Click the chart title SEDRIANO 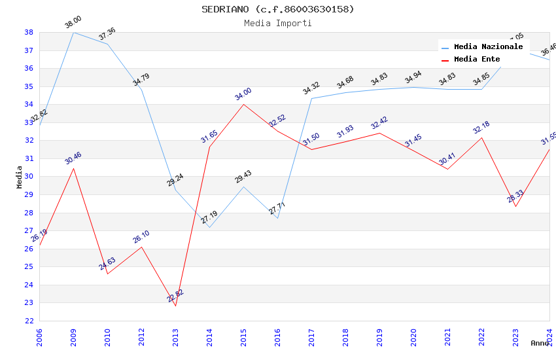pos(277,9)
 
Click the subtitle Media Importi pos(277,23)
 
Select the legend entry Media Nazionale pos(488,47)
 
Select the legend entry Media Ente pos(477,60)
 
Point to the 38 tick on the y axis pos(29,32)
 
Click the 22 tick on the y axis pos(29,321)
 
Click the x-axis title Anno pos(540,343)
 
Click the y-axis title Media pos(20,177)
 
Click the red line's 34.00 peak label pos(243,94)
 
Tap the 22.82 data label pos(175,296)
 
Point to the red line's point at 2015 pos(243,104)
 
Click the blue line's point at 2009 pos(73,32)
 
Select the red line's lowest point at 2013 pos(175,306)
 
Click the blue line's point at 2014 pos(209,227)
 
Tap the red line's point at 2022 pos(481,137)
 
